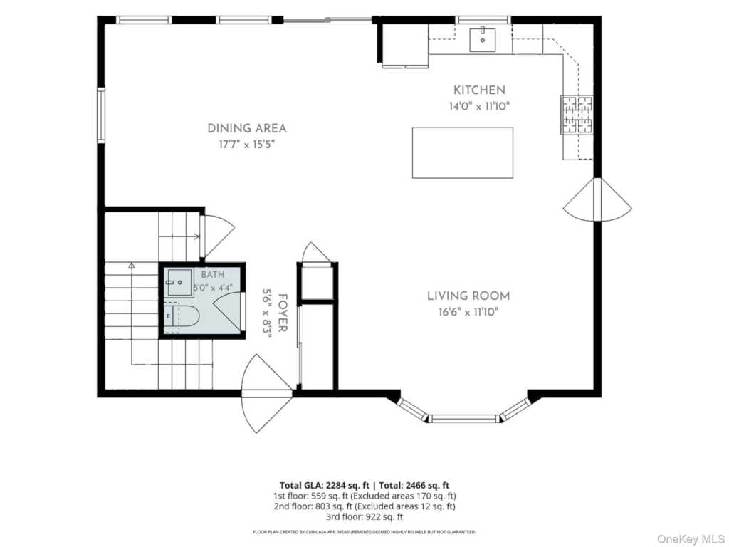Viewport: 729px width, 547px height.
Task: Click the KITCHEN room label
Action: coord(479,90)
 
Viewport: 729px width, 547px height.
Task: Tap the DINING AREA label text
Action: coord(247,128)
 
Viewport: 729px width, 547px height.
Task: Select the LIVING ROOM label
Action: coord(468,296)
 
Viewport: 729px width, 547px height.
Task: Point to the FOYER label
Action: coord(282,313)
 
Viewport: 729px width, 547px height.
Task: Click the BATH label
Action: coord(212,275)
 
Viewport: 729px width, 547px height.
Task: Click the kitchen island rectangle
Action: coord(463,153)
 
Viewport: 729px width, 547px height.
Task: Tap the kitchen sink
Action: coord(482,40)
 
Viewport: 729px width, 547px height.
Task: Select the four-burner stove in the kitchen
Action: coord(577,115)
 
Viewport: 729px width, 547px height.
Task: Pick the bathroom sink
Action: coord(179,282)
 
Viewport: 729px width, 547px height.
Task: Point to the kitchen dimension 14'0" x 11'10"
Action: coord(479,107)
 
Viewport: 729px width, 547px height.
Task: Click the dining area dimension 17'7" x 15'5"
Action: coord(247,145)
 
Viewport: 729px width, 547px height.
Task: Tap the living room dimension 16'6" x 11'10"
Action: coord(468,312)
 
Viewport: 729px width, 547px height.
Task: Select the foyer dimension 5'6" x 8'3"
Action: coord(267,313)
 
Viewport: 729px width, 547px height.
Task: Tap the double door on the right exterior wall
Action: coord(597,200)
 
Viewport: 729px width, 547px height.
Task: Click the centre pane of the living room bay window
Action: coord(463,419)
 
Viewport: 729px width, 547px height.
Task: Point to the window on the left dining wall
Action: coord(101,115)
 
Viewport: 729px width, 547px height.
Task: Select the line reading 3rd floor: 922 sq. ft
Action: coord(364,517)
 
